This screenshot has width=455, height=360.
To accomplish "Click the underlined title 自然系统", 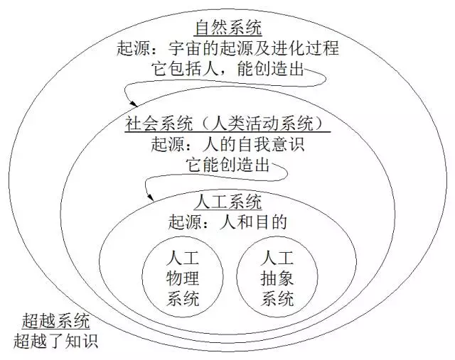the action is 228,29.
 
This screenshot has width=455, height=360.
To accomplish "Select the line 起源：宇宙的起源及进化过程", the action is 228,50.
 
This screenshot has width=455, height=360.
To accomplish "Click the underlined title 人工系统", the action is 227,202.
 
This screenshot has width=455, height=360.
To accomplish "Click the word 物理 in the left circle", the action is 182,277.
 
